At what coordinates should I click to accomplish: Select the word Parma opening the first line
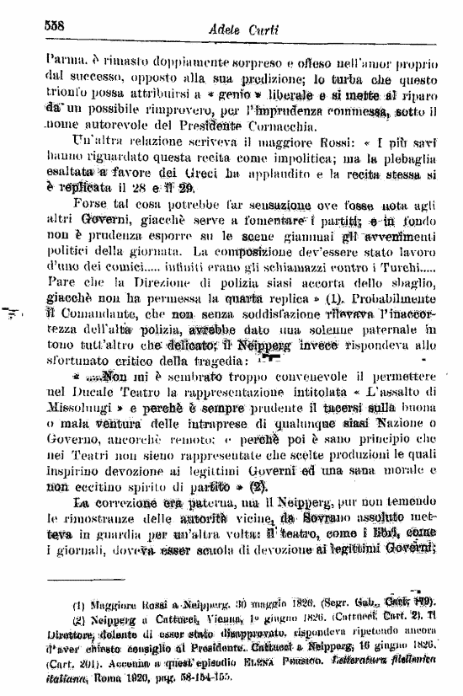(63, 64)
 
